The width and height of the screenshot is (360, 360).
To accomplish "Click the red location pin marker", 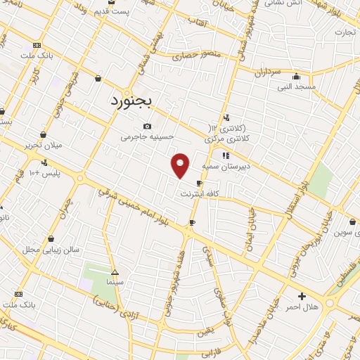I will [x=181, y=165].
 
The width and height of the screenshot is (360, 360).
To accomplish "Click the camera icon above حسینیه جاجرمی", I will [x=147, y=126].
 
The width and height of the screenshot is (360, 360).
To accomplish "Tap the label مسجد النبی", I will [x=296, y=86].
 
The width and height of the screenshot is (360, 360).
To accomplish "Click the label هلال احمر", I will [x=304, y=307].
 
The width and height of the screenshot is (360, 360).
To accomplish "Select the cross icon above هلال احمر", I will [x=302, y=296].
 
